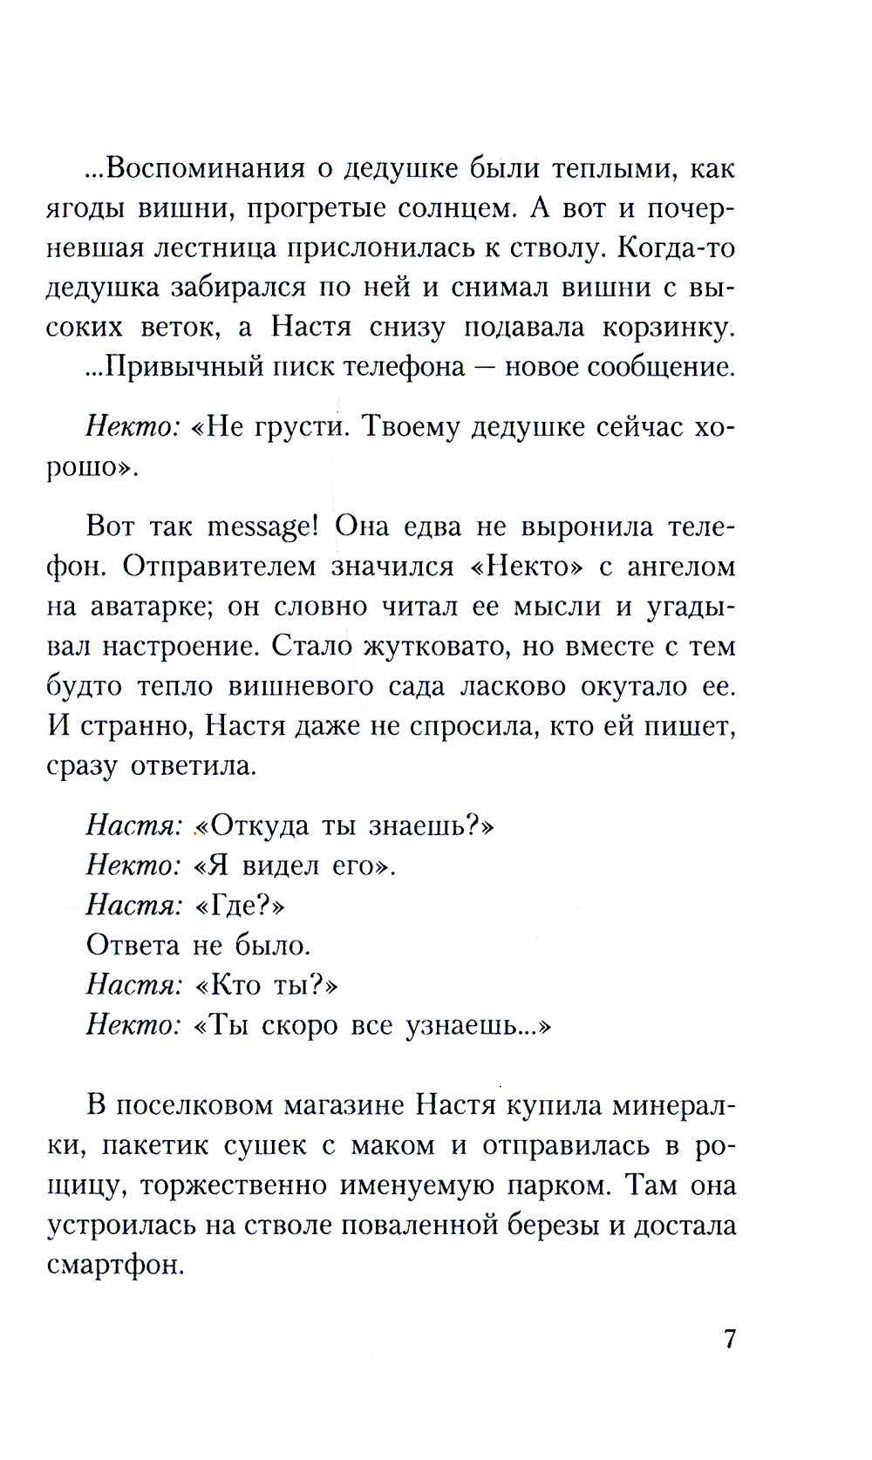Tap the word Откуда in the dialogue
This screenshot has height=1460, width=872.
(x=255, y=825)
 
